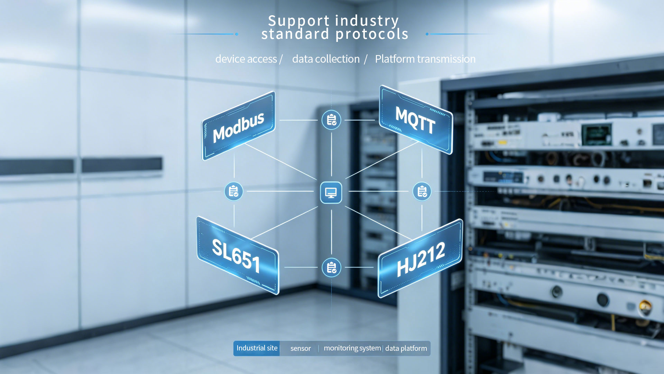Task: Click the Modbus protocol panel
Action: point(238,126)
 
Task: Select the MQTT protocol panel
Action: point(416,120)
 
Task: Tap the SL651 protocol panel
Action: point(238,256)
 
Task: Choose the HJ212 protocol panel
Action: point(420,258)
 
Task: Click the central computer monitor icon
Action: point(331,192)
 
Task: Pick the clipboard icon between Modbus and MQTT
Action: point(331,120)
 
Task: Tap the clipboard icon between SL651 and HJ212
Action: point(331,267)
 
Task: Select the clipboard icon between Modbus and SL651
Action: point(234,191)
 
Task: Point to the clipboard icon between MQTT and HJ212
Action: point(422,191)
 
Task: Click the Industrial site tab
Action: point(257,348)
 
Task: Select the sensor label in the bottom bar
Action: point(301,348)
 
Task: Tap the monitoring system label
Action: point(352,348)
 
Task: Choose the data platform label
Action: point(406,348)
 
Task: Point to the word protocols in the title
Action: point(372,34)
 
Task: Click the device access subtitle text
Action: point(246,59)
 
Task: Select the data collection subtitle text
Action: point(326,59)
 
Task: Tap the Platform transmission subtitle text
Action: point(425,59)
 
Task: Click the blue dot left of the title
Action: point(237,34)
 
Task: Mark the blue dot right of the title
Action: point(427,34)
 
